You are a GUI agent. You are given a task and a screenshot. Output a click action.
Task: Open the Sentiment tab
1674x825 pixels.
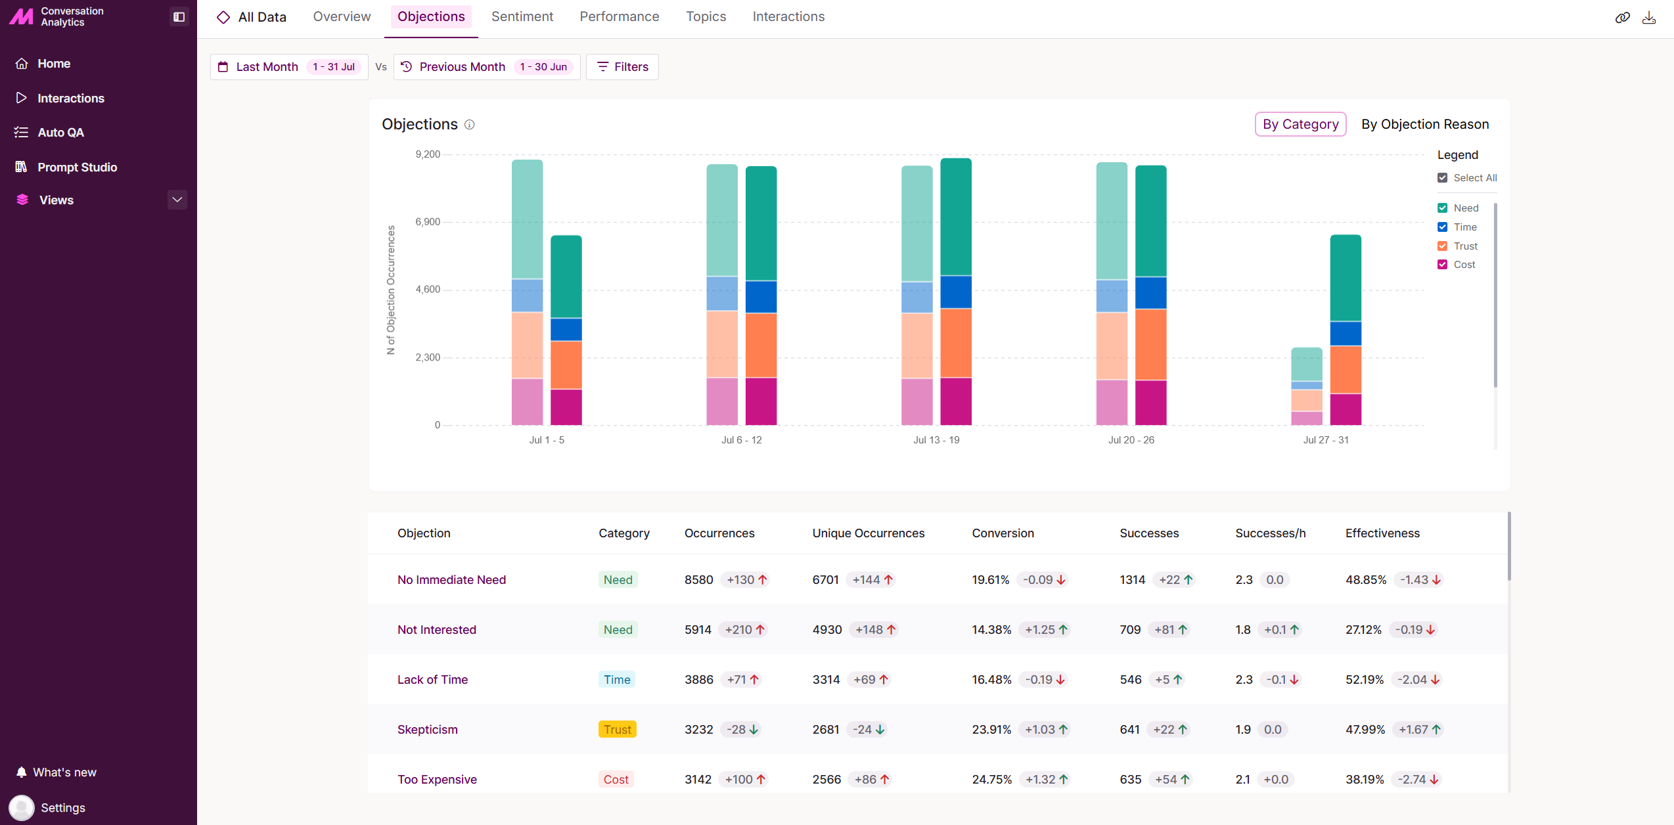coord(522,16)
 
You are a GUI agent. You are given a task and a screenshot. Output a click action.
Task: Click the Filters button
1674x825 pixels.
coord(622,67)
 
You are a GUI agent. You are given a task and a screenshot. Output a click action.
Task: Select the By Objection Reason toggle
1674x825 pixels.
coord(1425,124)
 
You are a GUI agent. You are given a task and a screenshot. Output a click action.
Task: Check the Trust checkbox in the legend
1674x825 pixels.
coord(1443,246)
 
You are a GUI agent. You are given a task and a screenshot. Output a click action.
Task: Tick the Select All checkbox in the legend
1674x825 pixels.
coord(1443,178)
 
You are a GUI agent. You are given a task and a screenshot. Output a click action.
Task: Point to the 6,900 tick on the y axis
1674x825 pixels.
coord(428,222)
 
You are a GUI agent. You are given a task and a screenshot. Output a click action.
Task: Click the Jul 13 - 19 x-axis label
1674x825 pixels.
coord(936,440)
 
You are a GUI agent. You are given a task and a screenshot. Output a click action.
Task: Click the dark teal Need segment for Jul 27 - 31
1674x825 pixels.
coord(1346,278)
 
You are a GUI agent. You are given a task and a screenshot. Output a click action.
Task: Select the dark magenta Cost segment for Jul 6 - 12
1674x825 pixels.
coord(761,401)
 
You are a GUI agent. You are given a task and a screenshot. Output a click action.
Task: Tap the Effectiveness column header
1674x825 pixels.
coord(1382,533)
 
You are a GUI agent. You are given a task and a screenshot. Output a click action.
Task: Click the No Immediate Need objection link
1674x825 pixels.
coord(451,580)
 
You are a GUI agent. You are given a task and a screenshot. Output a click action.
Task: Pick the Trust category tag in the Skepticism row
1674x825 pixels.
coord(618,730)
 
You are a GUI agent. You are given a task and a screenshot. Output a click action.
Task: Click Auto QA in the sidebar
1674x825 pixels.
coord(61,133)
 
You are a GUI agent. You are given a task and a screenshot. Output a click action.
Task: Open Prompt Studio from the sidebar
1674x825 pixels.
coord(78,167)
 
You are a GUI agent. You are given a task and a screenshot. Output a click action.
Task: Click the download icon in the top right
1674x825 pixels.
coord(1649,18)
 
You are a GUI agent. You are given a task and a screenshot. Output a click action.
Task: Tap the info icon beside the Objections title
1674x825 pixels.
coord(469,125)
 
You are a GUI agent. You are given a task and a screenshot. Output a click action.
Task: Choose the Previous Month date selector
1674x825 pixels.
coord(487,67)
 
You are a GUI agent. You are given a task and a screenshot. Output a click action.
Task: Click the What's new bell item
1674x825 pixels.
coord(57,772)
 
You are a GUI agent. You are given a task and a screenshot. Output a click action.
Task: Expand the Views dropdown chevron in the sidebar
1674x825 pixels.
coord(177,200)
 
